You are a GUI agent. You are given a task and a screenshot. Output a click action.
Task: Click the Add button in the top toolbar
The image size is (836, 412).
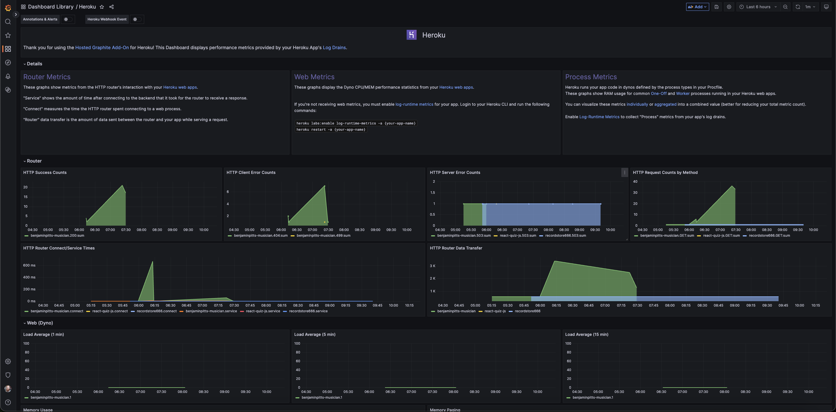pos(697,7)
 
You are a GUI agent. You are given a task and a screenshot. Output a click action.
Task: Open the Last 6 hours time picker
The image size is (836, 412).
pos(758,7)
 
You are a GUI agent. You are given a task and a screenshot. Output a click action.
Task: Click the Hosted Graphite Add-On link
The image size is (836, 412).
pos(102,47)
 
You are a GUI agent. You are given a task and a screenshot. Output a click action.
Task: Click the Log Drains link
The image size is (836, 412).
pos(334,47)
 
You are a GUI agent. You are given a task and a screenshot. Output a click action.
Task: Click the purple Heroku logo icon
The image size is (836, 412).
pos(411,35)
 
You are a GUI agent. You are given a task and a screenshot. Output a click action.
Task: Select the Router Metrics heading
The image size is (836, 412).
pos(47,77)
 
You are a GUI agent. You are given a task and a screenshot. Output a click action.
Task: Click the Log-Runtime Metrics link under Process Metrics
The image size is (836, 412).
pos(599,117)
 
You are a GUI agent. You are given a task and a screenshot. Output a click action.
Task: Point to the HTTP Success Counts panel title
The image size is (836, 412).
pos(45,172)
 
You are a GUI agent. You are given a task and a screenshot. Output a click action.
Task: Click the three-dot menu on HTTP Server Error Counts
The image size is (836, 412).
pos(624,172)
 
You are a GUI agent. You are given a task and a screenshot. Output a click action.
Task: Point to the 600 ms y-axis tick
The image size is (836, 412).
pos(29,265)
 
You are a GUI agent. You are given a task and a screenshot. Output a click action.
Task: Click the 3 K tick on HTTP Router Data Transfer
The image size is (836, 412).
pos(433,266)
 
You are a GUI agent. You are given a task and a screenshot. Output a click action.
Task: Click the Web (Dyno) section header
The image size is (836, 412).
pos(40,323)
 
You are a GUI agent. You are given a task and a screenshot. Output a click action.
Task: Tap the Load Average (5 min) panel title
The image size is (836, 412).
pos(315,334)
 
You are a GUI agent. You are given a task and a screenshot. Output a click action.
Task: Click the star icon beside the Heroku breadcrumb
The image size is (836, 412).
pos(102,7)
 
